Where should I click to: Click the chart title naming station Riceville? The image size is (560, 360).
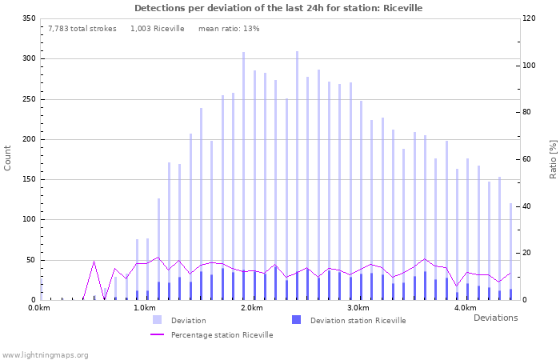point(278,8)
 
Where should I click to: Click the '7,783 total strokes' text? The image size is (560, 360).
point(82,28)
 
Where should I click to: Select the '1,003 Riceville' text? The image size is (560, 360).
point(157,28)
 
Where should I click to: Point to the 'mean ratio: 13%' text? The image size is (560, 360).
point(229,28)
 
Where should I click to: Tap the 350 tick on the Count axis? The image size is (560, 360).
point(29,18)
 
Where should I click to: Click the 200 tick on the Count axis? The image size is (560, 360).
point(29,139)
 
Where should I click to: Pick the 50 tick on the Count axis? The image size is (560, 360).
point(31,260)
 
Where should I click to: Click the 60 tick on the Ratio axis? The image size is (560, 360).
point(529,159)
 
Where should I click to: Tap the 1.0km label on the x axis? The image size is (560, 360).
point(145,308)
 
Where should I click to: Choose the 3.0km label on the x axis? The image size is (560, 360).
point(358,308)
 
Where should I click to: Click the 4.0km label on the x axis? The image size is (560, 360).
point(465,308)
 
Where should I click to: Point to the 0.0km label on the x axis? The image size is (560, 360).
point(38,308)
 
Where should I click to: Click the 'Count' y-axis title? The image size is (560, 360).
point(9,158)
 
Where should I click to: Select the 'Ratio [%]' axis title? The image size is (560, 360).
point(553,158)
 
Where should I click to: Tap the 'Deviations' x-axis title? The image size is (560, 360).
point(495,318)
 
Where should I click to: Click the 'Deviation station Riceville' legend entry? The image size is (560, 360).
point(358,321)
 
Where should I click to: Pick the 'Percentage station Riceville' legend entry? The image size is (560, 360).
point(222,335)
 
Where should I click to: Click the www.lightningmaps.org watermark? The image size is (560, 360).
point(46,354)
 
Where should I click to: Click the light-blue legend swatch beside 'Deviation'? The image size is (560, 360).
point(158,320)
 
